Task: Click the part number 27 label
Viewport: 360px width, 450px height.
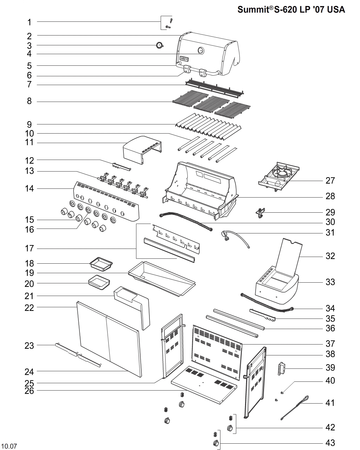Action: tap(330, 181)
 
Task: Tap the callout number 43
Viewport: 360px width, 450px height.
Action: tap(330, 443)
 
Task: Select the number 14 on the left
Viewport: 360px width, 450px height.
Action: tap(30, 189)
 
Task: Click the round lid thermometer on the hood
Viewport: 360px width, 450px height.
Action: tap(201, 50)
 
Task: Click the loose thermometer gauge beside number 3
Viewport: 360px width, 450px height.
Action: tap(160, 45)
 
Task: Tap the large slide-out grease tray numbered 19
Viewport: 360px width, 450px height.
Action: tap(162, 278)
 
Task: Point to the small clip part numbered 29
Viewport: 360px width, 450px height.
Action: tap(261, 212)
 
